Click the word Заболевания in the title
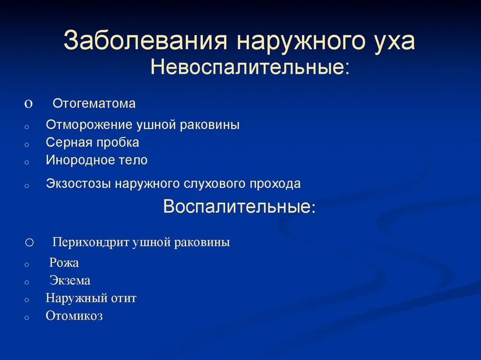click(146, 40)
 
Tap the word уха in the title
click(395, 43)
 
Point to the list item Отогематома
click(94, 104)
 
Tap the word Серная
click(70, 143)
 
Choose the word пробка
click(118, 143)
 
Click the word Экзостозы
click(78, 184)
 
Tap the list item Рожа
click(64, 263)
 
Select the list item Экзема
click(70, 281)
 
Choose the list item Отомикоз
click(74, 316)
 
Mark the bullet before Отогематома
click(28, 104)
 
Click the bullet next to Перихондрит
click(30, 243)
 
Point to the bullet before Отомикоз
click(27, 318)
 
